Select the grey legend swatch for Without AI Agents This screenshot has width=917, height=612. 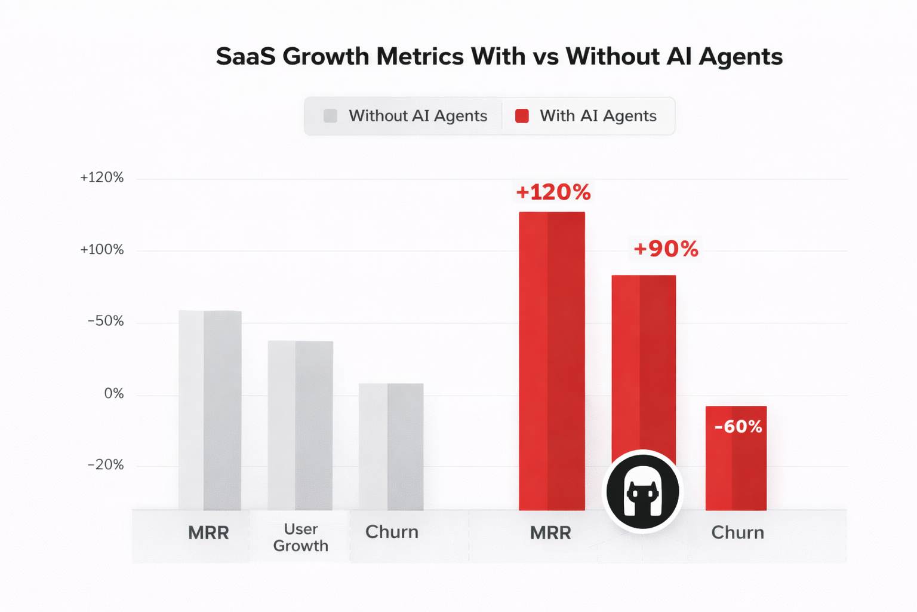click(330, 116)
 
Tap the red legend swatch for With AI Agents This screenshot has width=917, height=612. click(522, 116)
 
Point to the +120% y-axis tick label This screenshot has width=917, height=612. click(102, 178)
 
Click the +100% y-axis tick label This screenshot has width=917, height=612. click(102, 250)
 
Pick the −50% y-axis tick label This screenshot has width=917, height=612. click(106, 322)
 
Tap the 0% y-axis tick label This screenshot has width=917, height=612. click(113, 394)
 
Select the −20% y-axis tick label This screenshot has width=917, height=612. click(106, 465)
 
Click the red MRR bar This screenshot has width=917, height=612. click(552, 361)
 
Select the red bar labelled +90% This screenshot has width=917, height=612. click(644, 359)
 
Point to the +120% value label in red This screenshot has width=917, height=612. click(553, 192)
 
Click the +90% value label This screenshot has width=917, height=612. click(666, 249)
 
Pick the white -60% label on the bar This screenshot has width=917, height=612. click(738, 427)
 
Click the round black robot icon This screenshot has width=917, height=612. click(643, 491)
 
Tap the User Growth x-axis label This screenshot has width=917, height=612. click(300, 537)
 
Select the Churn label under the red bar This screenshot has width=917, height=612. click(737, 533)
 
